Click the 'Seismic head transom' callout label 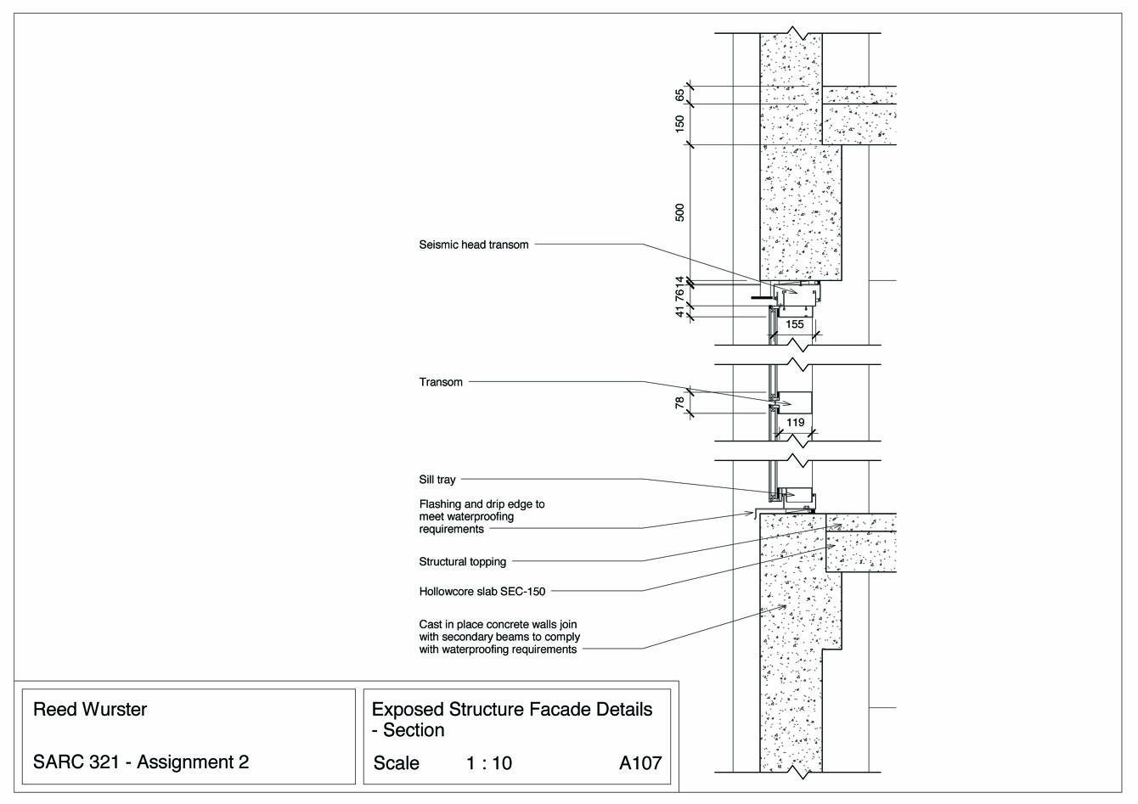[473, 245]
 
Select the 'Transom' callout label [441, 382]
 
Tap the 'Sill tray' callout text [437, 480]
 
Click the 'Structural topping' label [462, 561]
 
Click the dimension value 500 [679, 212]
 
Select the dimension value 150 [679, 125]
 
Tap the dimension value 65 [679, 95]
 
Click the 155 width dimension [794, 324]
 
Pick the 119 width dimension [795, 422]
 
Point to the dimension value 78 [679, 403]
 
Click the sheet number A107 [640, 762]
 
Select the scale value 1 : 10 [489, 762]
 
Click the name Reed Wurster [89, 709]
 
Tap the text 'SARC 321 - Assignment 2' [140, 762]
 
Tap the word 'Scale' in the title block [396, 762]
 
